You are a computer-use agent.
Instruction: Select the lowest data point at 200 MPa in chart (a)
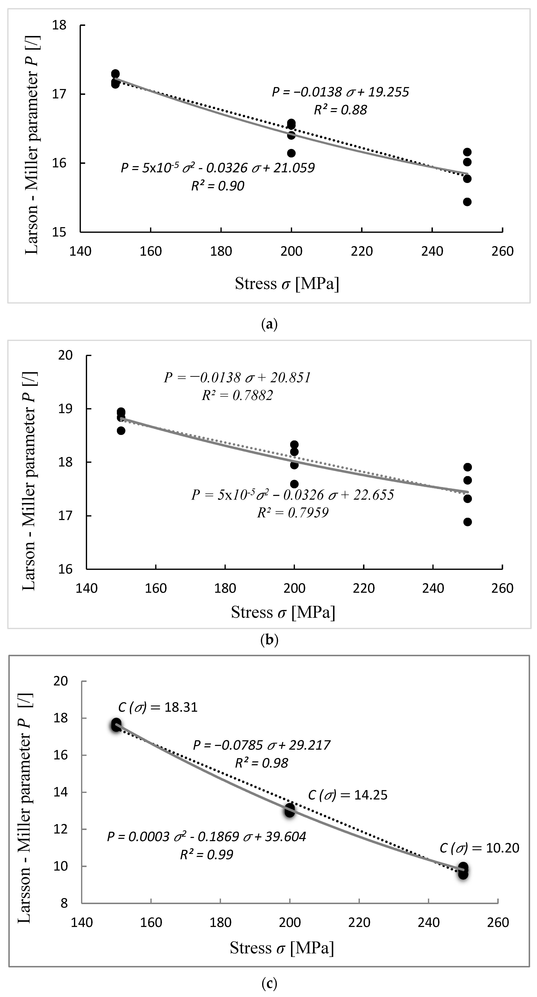click(291, 153)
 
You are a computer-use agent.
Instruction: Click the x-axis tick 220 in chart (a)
click(362, 251)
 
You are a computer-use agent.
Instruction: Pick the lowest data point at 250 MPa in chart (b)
click(467, 522)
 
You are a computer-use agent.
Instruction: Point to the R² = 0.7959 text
click(293, 513)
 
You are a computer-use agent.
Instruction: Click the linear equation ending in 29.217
click(262, 745)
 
